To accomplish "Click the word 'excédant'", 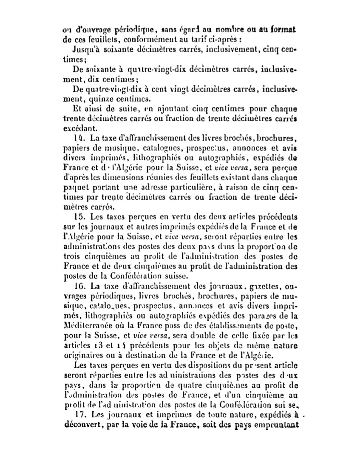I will pyautogui.click(x=78, y=128).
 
